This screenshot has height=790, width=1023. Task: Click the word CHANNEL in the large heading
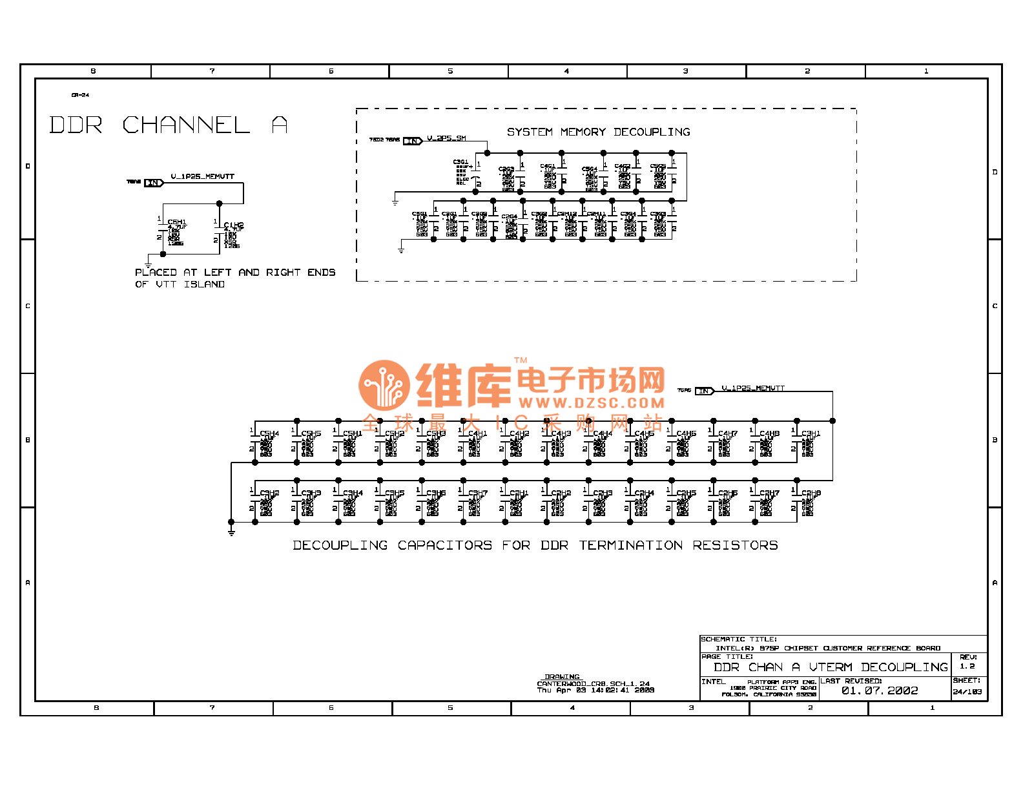(x=186, y=125)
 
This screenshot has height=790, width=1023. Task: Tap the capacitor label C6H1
(x=176, y=222)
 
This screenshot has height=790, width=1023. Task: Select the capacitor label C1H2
(x=234, y=225)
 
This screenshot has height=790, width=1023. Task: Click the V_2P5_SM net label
(x=446, y=138)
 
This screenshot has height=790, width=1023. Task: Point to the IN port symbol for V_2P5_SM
(x=412, y=141)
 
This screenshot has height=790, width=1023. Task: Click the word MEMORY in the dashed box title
(x=583, y=132)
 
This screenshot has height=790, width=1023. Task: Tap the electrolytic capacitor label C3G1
(x=460, y=162)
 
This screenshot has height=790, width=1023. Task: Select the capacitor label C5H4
(x=269, y=433)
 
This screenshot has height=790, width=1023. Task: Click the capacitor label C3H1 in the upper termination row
(x=811, y=433)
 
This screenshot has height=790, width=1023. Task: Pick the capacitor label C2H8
(x=811, y=493)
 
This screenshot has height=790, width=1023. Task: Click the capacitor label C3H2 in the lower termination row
(x=269, y=493)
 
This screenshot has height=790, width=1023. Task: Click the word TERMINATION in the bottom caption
(x=630, y=545)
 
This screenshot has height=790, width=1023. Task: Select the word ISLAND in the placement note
(x=204, y=284)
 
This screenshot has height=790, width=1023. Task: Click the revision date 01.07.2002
(x=880, y=691)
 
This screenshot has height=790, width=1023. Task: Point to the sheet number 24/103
(x=967, y=692)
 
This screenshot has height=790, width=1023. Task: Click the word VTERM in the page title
(x=831, y=667)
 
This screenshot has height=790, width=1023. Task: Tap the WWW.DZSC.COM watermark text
(x=591, y=403)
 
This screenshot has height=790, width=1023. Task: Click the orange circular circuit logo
(x=384, y=386)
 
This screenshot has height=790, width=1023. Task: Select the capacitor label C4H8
(x=769, y=433)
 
